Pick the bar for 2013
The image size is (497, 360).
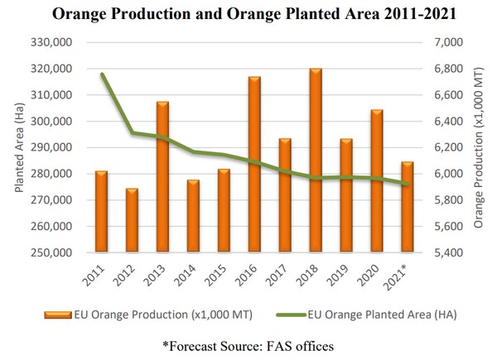(162, 177)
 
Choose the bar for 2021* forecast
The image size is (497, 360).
(408, 207)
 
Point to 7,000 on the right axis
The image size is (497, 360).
(446, 42)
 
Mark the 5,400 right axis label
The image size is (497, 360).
(446, 252)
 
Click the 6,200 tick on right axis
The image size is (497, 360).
(446, 147)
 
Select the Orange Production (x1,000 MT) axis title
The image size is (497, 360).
(480, 147)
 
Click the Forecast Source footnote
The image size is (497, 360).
(248, 343)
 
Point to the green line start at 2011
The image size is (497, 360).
(102, 74)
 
